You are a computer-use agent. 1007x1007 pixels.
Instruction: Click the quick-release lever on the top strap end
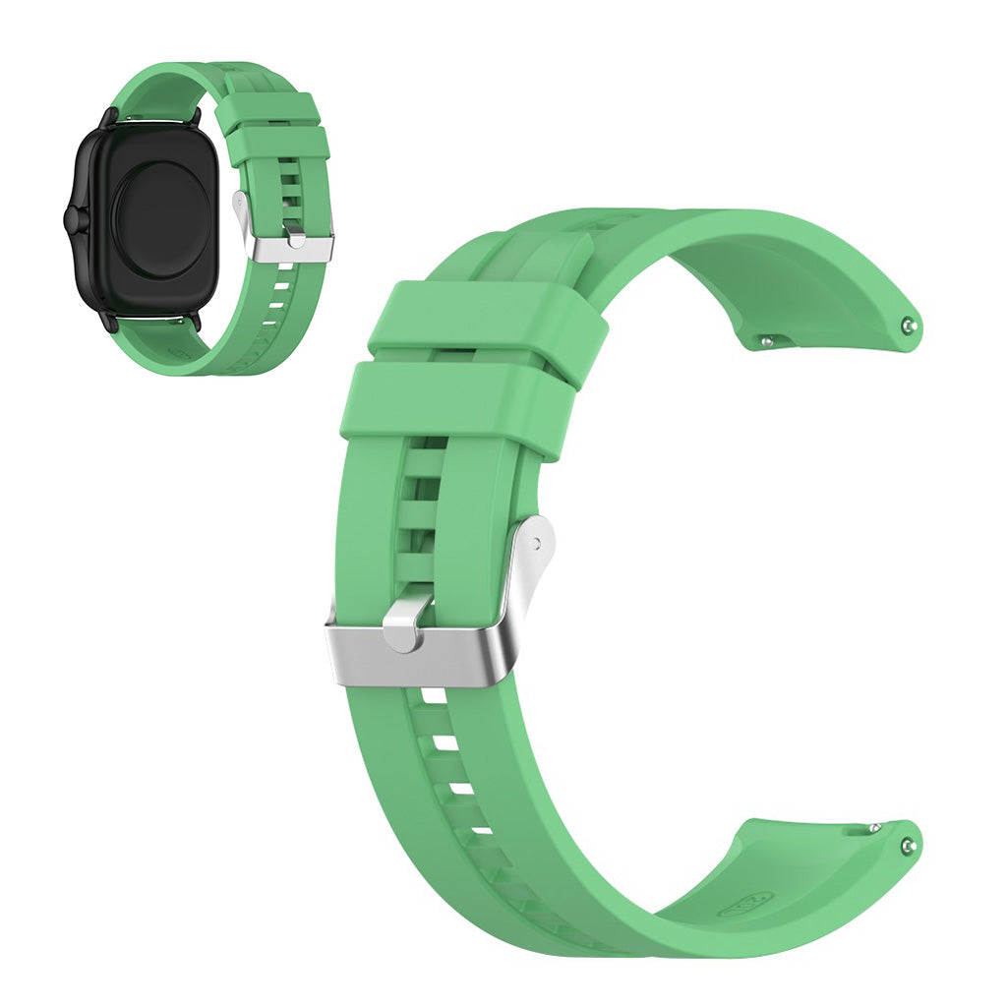[x=768, y=342]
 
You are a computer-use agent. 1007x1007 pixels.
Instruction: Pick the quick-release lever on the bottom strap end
[x=873, y=828]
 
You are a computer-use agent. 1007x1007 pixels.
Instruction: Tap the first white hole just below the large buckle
[x=431, y=699]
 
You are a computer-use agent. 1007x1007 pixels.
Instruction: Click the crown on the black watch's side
[x=70, y=219]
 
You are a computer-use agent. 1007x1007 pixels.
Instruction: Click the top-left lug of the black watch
[x=108, y=117]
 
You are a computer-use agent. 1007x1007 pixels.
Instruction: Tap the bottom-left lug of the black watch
[x=108, y=322]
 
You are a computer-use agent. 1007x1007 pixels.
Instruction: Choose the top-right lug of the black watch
[x=194, y=117]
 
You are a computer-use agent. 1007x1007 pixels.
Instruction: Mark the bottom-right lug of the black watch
[x=194, y=321]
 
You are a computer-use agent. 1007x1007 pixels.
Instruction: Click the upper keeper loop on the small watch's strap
[x=267, y=111]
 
